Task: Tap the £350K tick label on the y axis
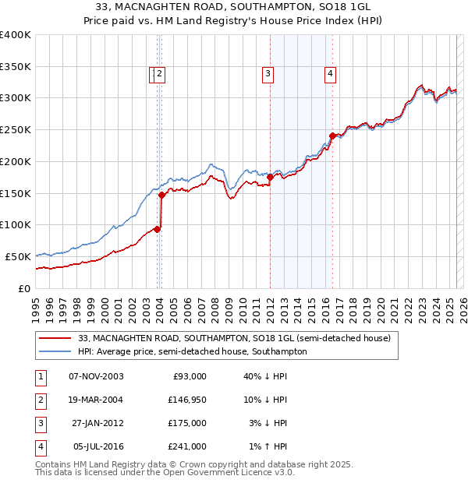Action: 16,66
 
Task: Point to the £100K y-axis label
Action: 16,224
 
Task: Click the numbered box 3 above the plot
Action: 268,74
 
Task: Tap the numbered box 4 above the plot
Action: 331,74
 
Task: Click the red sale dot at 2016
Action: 332,136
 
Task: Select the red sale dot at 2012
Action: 270,177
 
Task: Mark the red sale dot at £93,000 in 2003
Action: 158,229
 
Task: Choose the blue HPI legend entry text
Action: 193,351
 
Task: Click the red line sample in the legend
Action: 54,338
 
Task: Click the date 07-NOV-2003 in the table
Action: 96,376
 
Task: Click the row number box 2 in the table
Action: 38,400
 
